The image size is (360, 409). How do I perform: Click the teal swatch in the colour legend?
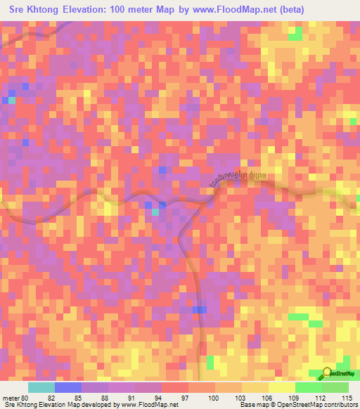pos(41,387)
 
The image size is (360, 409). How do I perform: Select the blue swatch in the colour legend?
pos(68,387)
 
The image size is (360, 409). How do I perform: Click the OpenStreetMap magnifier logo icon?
pos(328,374)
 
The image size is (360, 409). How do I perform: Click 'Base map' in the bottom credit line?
pos(253,405)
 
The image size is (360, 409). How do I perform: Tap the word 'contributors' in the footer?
pos(339,405)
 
